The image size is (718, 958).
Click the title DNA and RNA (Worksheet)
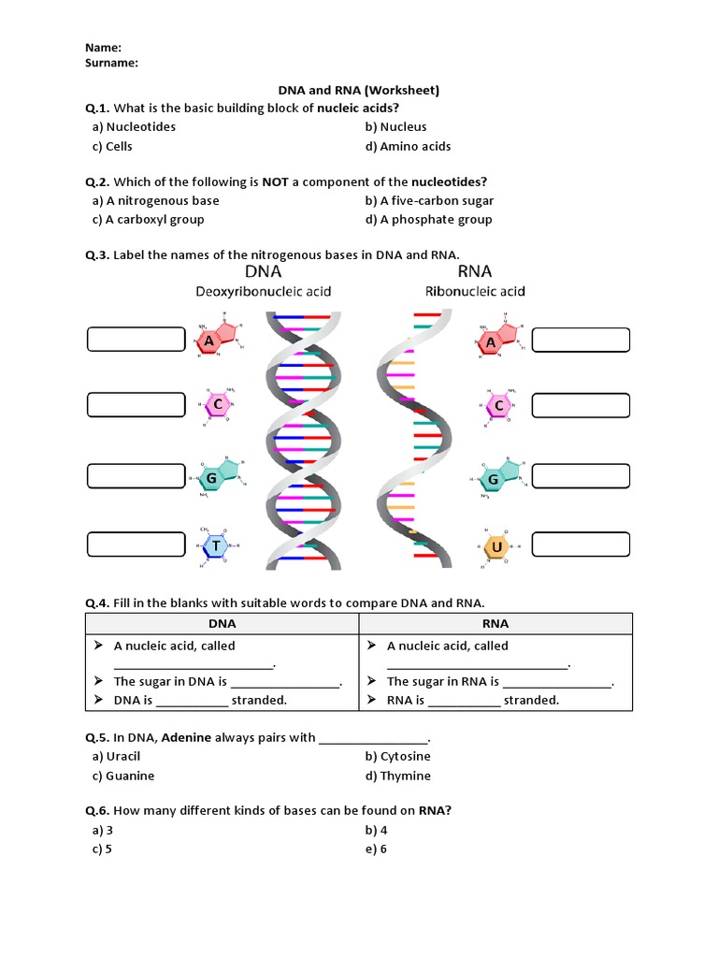[358, 91]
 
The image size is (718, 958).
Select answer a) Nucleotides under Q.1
[134, 126]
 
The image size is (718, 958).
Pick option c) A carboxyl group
[148, 219]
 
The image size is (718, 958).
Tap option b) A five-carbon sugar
[429, 200]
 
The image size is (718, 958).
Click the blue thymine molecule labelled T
[216, 546]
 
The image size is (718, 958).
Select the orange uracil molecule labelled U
[496, 546]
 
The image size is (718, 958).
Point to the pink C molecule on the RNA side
[499, 405]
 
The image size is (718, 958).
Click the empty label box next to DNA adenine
[136, 340]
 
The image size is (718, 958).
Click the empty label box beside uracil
[581, 544]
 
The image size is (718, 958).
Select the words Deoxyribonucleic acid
[263, 291]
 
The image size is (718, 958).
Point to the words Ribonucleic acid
[475, 291]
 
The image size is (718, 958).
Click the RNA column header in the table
[495, 623]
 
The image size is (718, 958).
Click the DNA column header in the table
[222, 623]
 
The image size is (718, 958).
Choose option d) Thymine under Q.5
[398, 776]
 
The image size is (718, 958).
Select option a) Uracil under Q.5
[116, 756]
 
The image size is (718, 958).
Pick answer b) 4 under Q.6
[376, 830]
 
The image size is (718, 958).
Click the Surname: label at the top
[111, 63]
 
